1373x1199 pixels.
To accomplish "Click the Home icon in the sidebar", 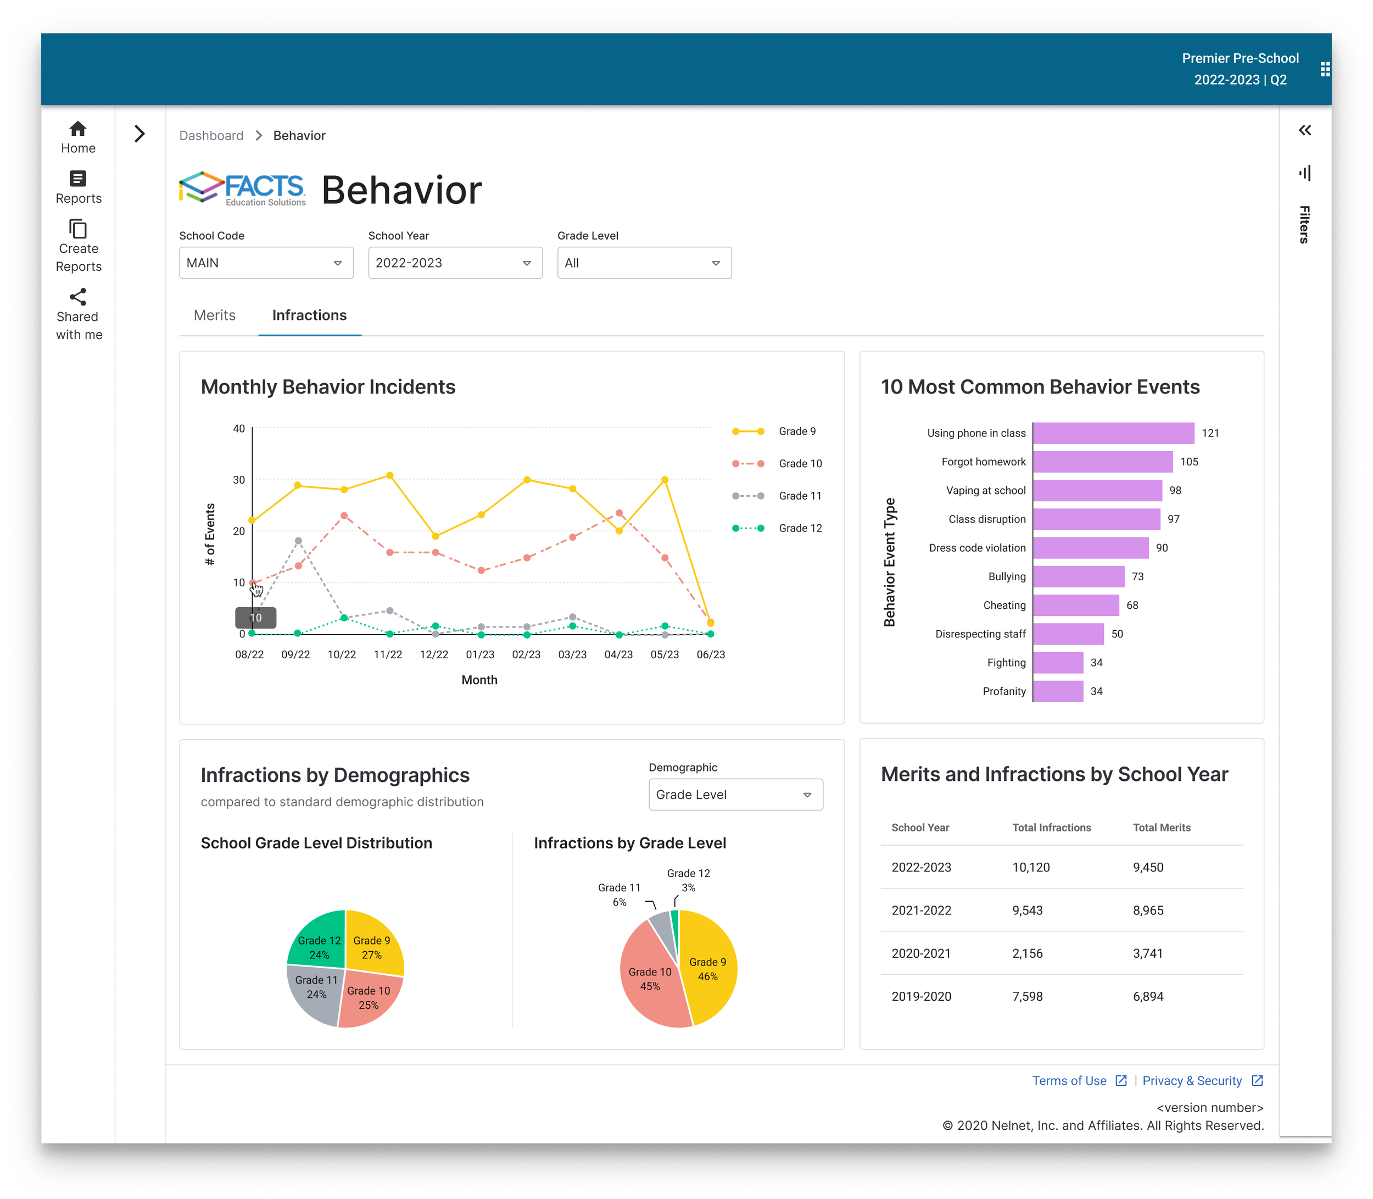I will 78,129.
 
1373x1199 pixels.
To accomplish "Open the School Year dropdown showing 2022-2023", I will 455,263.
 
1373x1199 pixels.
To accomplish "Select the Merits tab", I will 215,315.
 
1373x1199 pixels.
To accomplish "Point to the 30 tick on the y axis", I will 239,480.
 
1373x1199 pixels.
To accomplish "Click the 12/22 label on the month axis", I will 434,654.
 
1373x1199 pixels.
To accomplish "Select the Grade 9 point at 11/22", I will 390,476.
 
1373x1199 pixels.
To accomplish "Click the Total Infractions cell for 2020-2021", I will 1027,953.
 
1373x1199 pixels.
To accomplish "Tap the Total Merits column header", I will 1162,828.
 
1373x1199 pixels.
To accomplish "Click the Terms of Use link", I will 1069,1080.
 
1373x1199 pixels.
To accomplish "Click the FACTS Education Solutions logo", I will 243,188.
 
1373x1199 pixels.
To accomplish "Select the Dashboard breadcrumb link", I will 211,136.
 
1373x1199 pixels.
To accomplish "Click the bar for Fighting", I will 1058,662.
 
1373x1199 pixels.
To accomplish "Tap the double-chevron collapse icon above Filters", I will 1305,130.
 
